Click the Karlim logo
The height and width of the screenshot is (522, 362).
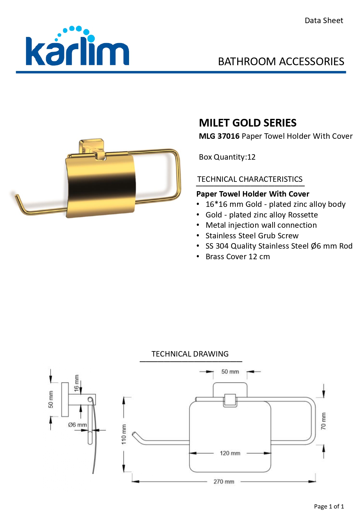(77, 46)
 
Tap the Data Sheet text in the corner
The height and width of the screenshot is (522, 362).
(324, 21)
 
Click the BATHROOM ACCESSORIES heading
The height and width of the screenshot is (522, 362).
(281, 62)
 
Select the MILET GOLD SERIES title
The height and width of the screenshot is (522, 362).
(248, 123)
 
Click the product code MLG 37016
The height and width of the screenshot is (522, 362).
(219, 136)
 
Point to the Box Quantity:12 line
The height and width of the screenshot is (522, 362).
(227, 157)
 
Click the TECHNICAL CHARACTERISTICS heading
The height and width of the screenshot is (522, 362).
(250, 179)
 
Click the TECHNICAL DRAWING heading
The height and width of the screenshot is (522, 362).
(190, 354)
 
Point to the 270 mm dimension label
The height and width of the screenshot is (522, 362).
(224, 482)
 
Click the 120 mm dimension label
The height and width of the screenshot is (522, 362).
(230, 453)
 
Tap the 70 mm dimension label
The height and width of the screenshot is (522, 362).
(323, 421)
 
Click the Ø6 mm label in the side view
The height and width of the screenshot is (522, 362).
(78, 425)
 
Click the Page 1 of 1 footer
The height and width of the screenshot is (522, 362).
(329, 506)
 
